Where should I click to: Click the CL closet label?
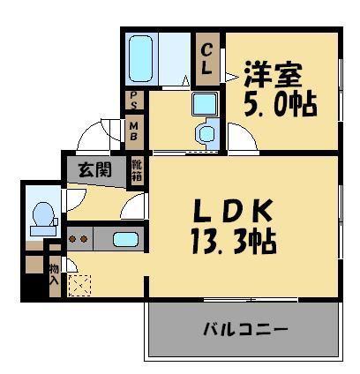pyautogui.click(x=206, y=59)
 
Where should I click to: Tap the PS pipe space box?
pyautogui.click(x=134, y=100)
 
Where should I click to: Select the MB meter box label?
pyautogui.click(x=134, y=131)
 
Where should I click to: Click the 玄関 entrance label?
pyautogui.click(x=95, y=170)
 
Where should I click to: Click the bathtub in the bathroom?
pyautogui.click(x=140, y=59)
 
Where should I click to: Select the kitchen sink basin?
pyautogui.click(x=125, y=239)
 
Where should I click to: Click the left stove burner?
pyautogui.click(x=72, y=239)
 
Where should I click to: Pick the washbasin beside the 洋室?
pyautogui.click(x=206, y=104)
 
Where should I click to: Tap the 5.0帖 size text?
pyautogui.click(x=281, y=105)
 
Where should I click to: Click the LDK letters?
pyautogui.click(x=232, y=211)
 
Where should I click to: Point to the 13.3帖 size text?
pyautogui.click(x=234, y=243)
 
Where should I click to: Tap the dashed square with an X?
pyautogui.click(x=79, y=286)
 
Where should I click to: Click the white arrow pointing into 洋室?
pyautogui.click(x=232, y=77)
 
